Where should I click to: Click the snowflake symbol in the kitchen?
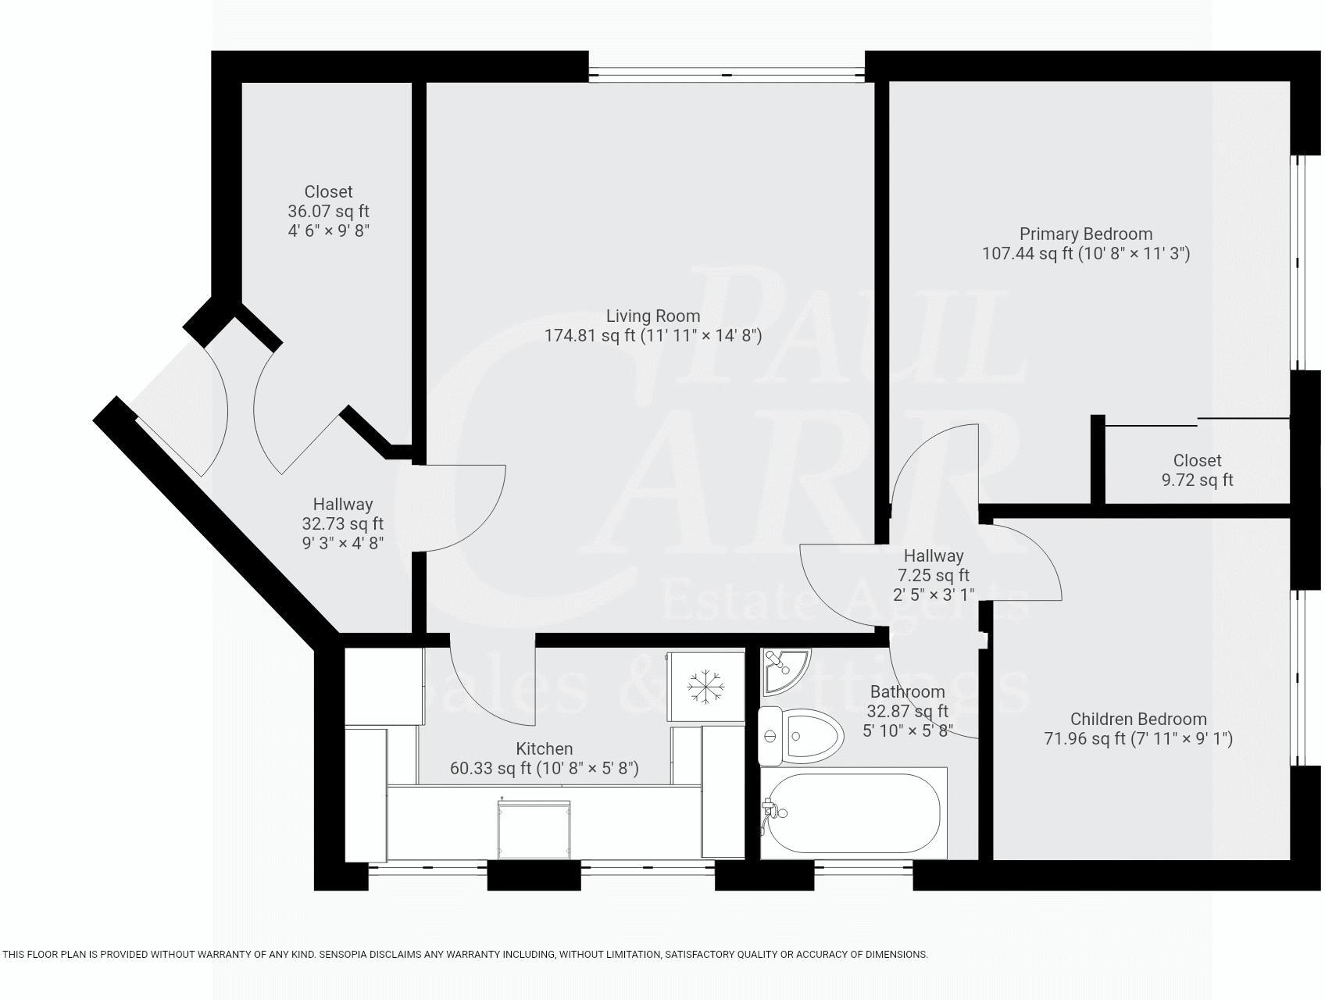coord(705,687)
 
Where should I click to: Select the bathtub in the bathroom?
coord(854,813)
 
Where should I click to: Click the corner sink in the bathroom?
coord(784,669)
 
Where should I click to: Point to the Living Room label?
coord(653,316)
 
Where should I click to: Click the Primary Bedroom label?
coord(1085,234)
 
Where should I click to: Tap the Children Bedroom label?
coord(1137,719)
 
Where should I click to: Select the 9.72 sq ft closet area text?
coord(1197,480)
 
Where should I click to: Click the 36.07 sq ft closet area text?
coord(328,212)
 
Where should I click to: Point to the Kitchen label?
coord(544,748)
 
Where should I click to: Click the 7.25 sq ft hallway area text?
coord(933,576)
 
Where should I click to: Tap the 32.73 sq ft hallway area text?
coord(342,523)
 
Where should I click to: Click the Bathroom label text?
coord(907,691)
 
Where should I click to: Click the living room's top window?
coord(727,75)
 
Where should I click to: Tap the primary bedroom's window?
coord(1297,262)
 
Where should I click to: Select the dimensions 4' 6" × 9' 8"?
coord(328,231)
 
